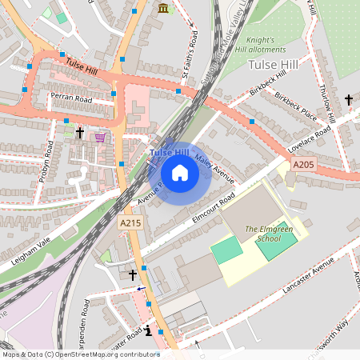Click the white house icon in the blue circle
click(x=180, y=173)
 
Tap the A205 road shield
click(x=304, y=164)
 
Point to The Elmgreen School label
click(x=262, y=234)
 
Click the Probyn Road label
click(x=50, y=162)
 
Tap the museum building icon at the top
click(x=164, y=8)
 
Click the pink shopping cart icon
click(x=100, y=137)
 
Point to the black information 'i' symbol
click(x=148, y=330)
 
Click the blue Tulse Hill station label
click(x=169, y=152)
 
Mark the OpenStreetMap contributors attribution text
click(x=81, y=354)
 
